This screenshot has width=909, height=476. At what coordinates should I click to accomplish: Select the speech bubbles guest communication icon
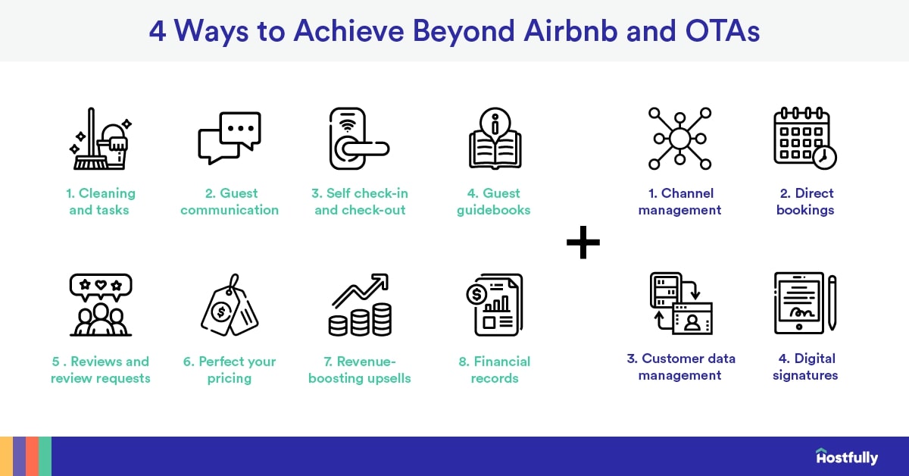(x=230, y=138)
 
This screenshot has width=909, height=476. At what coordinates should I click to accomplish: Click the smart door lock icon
(x=358, y=139)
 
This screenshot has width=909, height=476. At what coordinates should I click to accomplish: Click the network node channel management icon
(x=679, y=139)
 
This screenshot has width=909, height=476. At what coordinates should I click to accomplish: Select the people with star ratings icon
(x=100, y=305)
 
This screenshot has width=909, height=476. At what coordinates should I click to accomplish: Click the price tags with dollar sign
(x=230, y=305)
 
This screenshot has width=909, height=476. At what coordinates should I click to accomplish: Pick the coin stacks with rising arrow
(x=360, y=305)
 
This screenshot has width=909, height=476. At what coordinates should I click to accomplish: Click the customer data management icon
(x=679, y=303)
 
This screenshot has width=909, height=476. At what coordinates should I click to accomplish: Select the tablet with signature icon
(x=804, y=303)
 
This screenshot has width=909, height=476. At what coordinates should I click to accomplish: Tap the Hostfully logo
(x=847, y=457)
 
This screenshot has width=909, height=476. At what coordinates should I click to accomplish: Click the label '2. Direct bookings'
(x=804, y=202)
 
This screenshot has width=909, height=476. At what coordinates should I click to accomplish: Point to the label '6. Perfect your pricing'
(x=230, y=369)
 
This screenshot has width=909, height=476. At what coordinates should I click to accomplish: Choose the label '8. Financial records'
(x=495, y=369)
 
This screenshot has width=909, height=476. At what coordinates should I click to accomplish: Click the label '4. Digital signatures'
(x=804, y=366)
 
